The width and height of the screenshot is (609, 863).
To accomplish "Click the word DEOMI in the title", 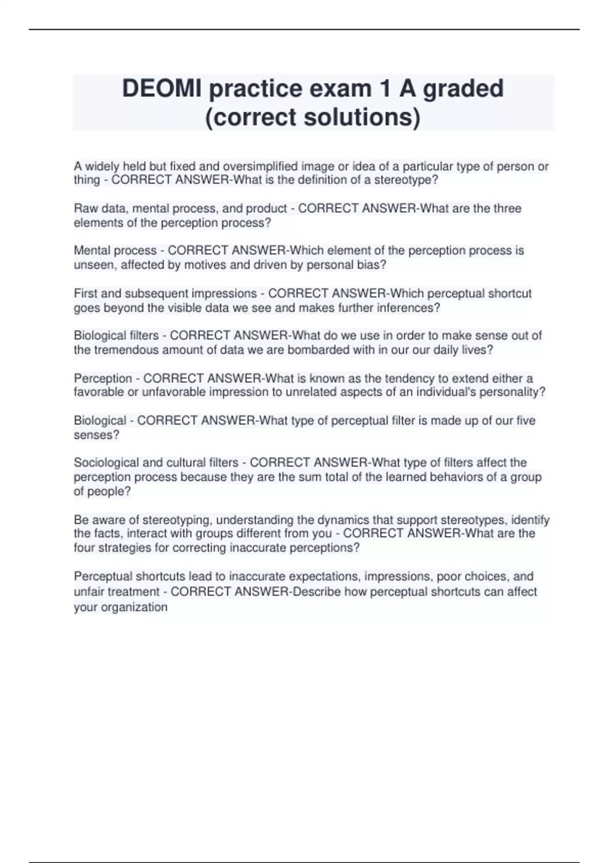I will click(161, 89).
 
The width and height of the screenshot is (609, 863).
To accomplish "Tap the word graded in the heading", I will click(463, 89).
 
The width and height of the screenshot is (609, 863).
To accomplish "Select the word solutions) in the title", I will click(362, 117).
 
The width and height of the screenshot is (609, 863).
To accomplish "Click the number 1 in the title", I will click(385, 89).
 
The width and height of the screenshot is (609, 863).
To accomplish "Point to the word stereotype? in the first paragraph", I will click(406, 180).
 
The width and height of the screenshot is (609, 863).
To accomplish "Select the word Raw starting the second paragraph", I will click(85, 209).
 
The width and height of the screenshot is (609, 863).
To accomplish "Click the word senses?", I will click(96, 435).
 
